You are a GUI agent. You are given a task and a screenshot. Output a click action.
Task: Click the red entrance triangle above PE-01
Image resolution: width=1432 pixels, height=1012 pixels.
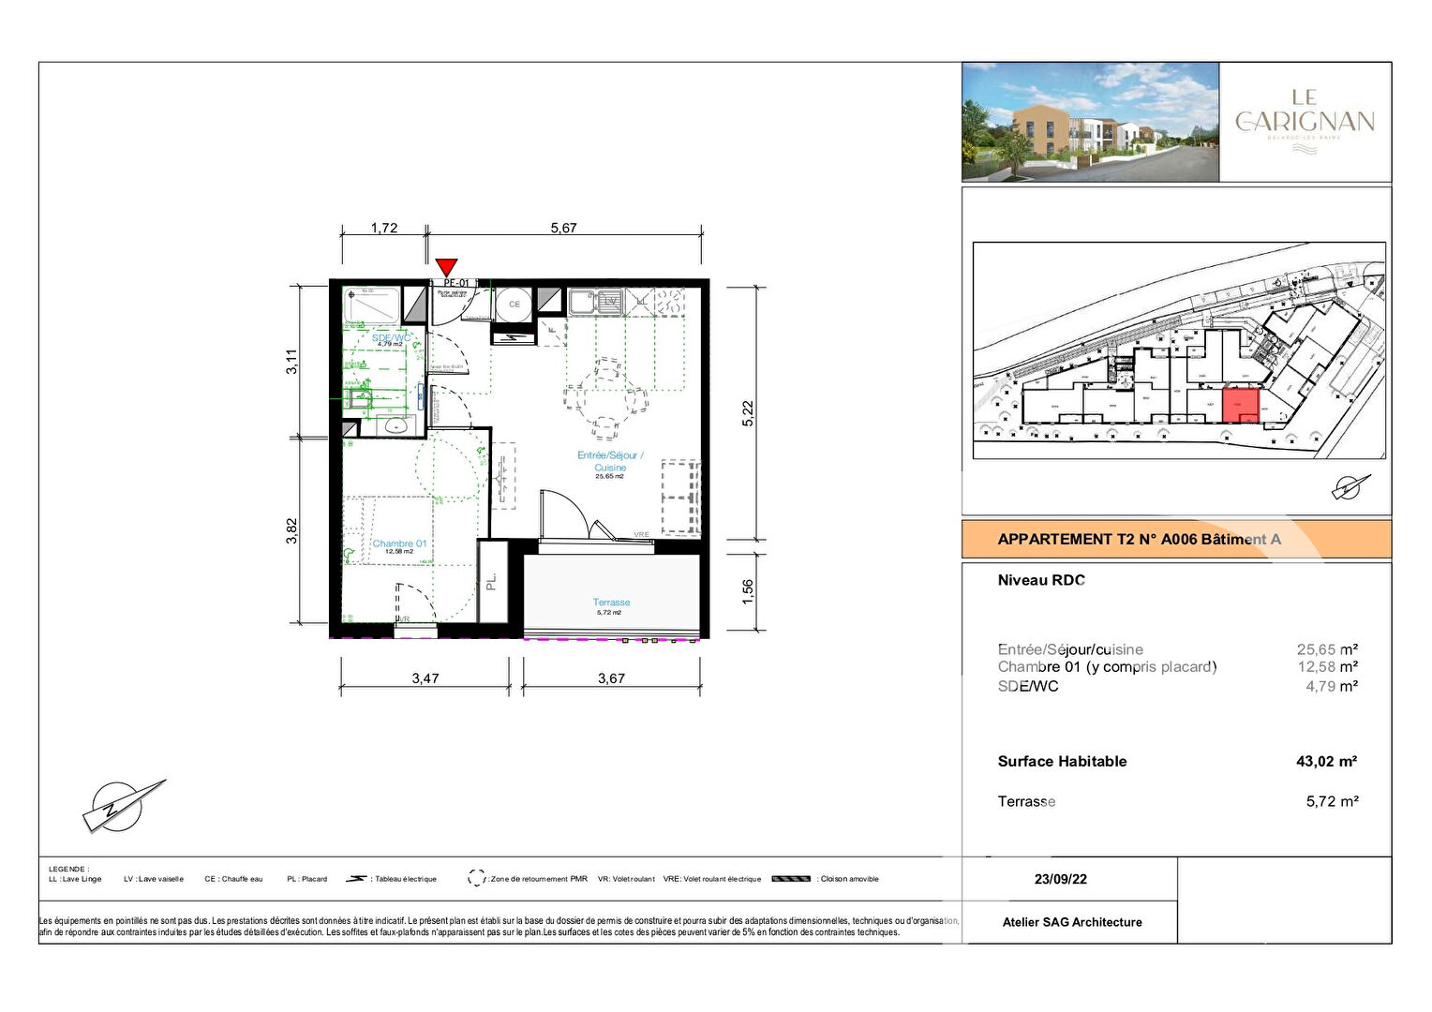click(447, 266)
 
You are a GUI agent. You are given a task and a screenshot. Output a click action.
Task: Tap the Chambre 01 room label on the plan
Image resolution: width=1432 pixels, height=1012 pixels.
click(399, 543)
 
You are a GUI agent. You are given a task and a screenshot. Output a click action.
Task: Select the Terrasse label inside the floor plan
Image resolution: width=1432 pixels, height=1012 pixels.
click(611, 603)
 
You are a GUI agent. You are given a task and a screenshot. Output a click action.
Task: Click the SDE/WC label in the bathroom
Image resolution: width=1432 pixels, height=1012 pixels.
click(391, 338)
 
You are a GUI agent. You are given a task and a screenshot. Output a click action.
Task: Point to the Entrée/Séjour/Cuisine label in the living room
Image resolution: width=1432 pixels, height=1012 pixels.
click(610, 461)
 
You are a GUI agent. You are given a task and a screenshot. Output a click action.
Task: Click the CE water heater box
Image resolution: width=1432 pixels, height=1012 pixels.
click(514, 305)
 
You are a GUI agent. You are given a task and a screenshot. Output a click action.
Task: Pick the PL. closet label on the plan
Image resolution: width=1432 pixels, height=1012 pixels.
click(491, 582)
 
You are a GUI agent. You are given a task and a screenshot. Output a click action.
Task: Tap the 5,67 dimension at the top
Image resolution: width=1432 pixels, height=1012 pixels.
click(563, 228)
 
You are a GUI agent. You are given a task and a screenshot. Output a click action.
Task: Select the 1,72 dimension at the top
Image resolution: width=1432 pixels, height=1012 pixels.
click(384, 228)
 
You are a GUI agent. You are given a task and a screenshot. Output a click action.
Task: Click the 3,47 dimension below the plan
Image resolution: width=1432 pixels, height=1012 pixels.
click(425, 678)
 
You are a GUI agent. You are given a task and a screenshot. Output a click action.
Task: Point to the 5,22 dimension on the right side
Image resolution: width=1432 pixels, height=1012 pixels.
click(747, 413)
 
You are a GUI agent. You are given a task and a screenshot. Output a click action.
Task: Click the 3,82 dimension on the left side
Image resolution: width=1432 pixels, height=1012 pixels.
click(292, 531)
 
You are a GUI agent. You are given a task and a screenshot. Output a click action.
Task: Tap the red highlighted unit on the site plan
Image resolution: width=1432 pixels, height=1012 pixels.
click(1241, 406)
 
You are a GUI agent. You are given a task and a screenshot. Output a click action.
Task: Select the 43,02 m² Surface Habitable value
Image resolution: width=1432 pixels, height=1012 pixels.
click(1326, 762)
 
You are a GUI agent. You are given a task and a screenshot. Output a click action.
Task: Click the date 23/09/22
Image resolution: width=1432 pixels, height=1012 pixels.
click(1060, 879)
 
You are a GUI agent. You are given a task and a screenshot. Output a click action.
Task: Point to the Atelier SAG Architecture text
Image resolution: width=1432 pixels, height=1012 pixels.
click(1072, 922)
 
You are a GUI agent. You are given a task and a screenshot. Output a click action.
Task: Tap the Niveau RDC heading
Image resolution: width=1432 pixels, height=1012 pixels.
click(1040, 580)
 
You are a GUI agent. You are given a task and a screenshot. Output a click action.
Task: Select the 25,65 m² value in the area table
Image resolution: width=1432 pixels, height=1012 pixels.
click(1327, 649)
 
